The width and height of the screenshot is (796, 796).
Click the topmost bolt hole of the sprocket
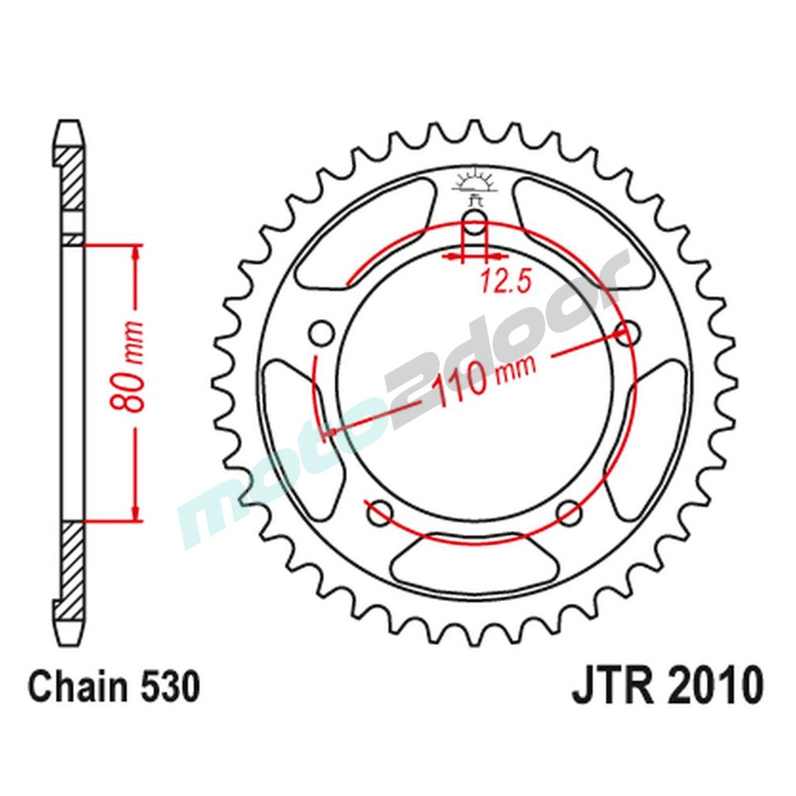pos(474,224)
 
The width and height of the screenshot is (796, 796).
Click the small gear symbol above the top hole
pos(474,184)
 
